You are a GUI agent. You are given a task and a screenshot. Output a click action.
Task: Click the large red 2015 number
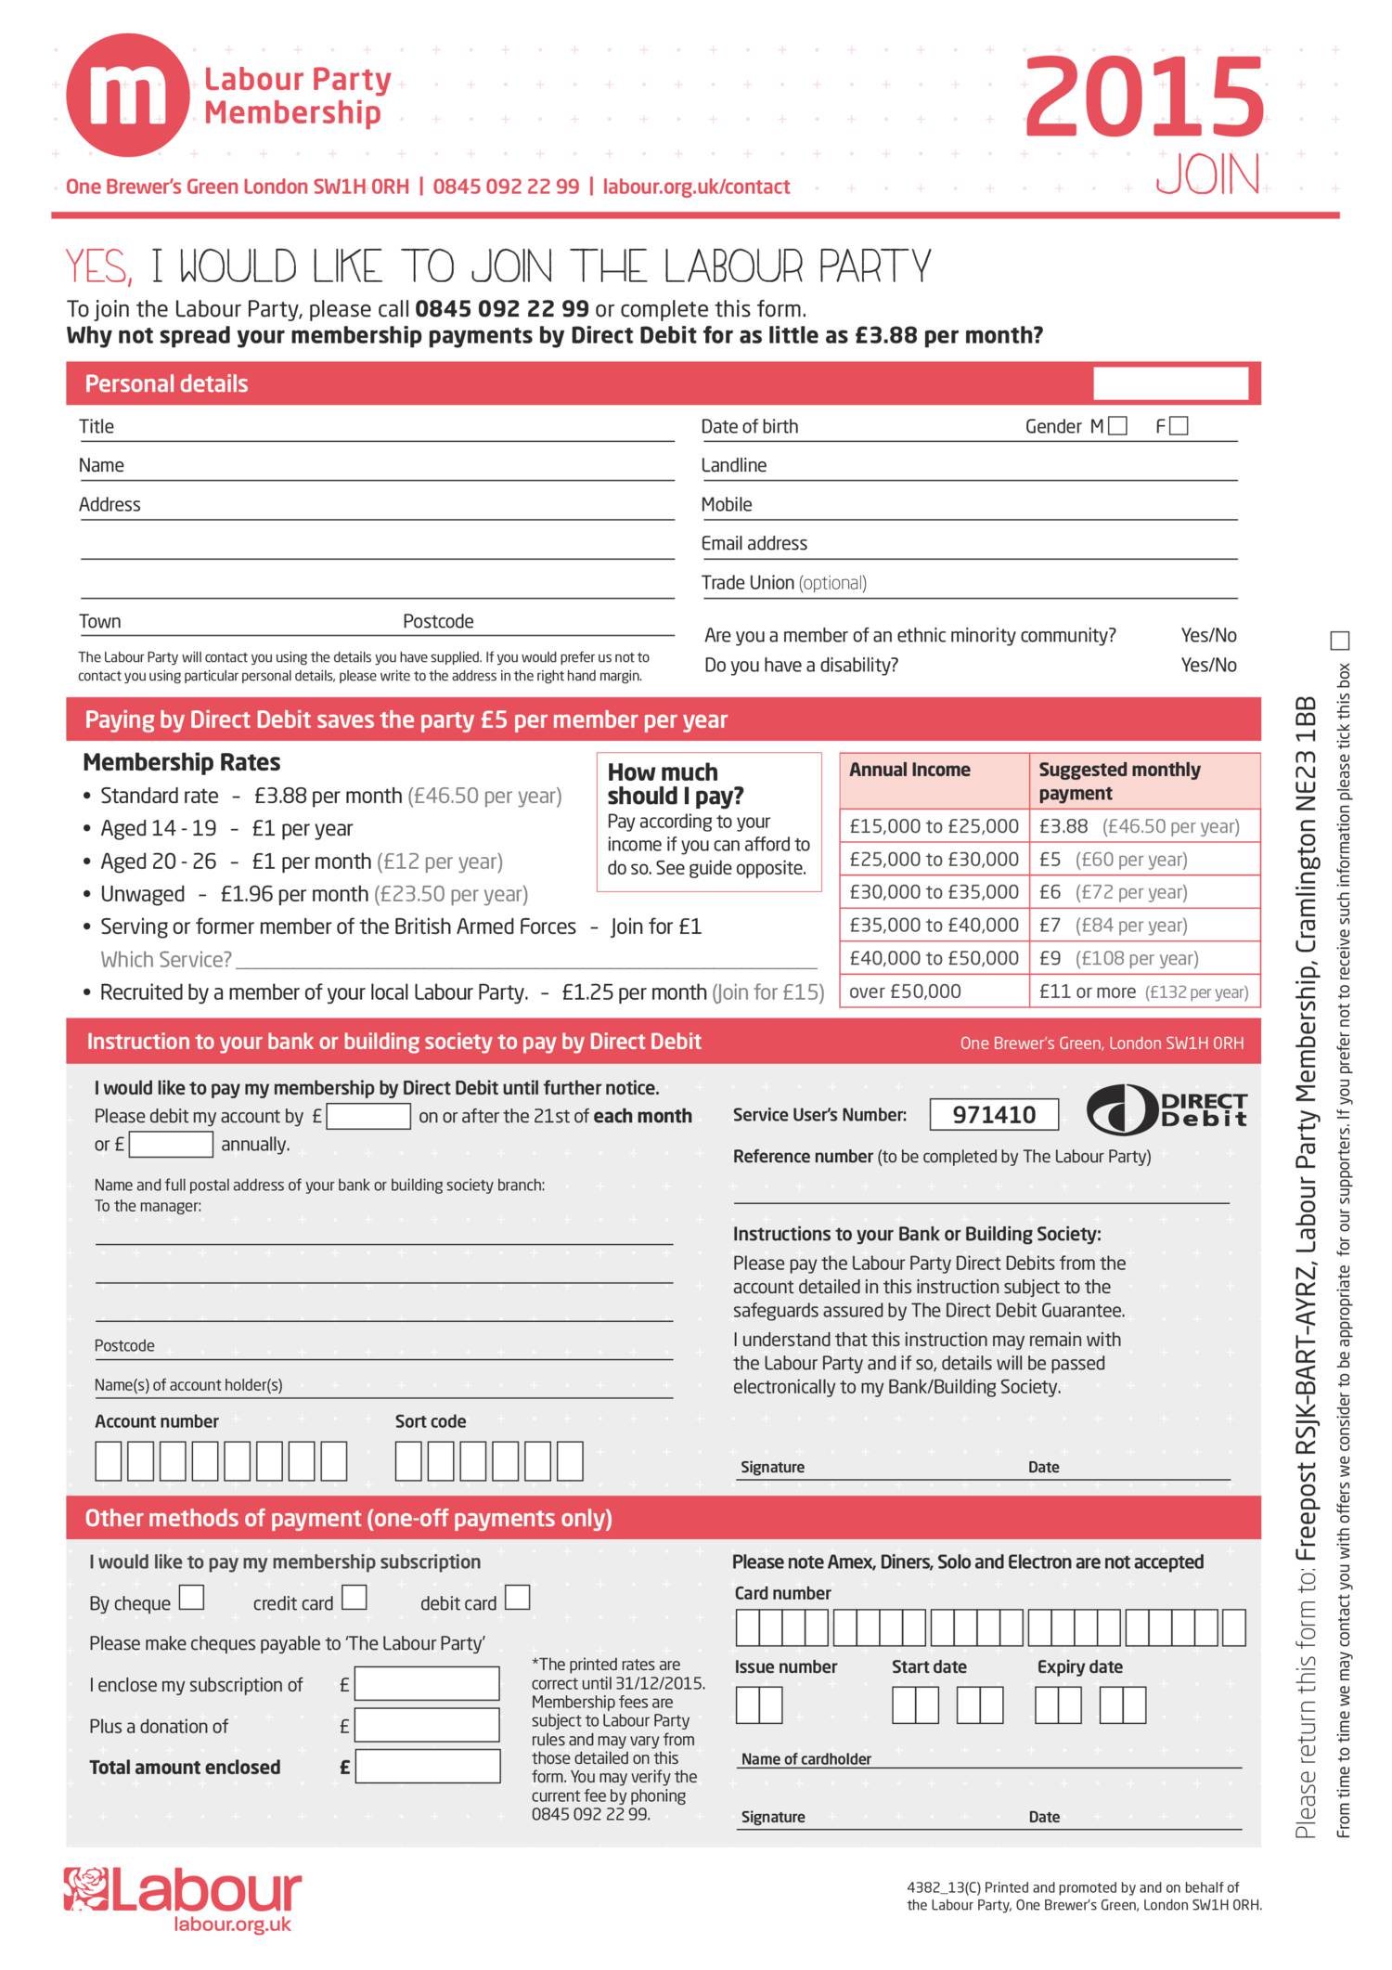point(1144,97)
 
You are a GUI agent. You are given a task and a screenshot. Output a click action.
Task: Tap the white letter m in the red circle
point(128,95)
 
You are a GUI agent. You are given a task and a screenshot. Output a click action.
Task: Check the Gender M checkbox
point(1118,426)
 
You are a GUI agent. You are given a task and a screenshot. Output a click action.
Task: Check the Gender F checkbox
point(1179,426)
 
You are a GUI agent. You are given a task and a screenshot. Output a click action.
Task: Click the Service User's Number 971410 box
point(993,1114)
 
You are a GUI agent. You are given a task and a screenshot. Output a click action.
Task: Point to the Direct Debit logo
point(1166,1109)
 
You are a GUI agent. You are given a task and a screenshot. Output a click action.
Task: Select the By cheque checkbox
point(192,1597)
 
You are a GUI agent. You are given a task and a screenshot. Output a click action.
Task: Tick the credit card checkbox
point(354,1597)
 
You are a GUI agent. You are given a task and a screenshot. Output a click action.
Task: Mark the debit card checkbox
point(517,1597)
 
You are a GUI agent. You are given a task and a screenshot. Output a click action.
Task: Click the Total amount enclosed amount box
point(428,1767)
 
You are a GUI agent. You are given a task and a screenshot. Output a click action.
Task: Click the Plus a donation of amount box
point(427,1725)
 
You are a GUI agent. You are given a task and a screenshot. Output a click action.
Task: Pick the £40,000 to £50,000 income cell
point(934,958)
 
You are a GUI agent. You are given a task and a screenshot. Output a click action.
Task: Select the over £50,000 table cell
point(934,991)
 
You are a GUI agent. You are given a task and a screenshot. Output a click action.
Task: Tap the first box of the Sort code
point(408,1461)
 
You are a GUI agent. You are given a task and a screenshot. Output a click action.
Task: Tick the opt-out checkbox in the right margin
point(1340,641)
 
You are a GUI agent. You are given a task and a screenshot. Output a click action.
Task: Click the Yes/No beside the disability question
point(1208,665)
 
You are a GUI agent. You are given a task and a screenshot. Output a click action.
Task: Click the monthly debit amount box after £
point(368,1116)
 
